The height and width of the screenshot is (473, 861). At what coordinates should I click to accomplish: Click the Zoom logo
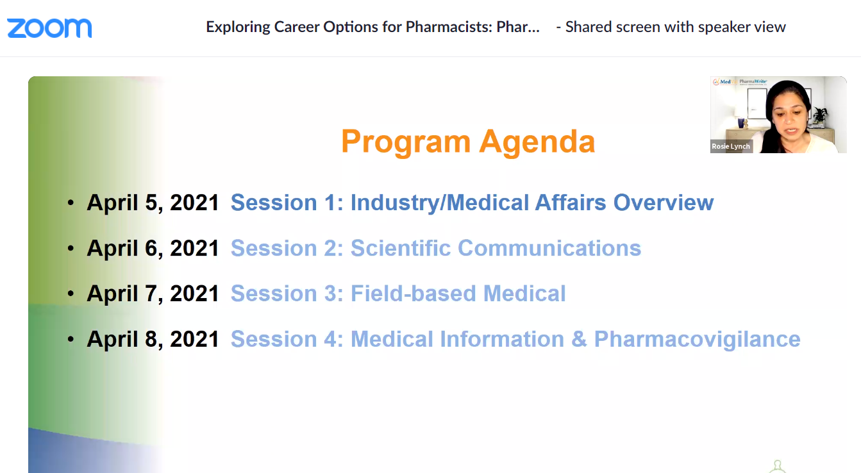point(49,28)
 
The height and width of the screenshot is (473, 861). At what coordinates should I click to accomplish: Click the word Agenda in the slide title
point(537,142)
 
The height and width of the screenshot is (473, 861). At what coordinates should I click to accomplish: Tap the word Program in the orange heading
point(406,142)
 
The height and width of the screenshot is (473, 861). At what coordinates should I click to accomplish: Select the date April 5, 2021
point(153,203)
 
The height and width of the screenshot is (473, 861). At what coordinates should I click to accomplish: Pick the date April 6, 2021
point(153,248)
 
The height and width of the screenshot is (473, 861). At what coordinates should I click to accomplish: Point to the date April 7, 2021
point(153,294)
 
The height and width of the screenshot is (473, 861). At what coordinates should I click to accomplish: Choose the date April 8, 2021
point(153,339)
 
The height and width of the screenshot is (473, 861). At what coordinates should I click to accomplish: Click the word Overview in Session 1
point(664,203)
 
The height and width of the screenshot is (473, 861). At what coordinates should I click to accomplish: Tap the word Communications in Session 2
point(549,248)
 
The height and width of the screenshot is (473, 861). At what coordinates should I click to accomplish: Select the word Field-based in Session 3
point(414,294)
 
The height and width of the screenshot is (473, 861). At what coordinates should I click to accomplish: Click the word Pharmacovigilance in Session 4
point(698,340)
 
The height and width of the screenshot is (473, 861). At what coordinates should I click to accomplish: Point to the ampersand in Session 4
point(579,339)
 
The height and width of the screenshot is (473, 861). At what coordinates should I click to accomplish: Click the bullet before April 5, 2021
point(71,203)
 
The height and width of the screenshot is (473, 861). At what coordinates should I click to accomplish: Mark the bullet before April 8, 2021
point(71,339)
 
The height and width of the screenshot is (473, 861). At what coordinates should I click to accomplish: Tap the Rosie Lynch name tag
point(731,146)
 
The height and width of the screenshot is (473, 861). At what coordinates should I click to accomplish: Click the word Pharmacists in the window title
point(449,27)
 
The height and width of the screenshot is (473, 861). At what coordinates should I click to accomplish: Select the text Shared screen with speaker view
point(675,27)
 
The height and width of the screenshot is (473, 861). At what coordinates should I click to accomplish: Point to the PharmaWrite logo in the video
point(753,82)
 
